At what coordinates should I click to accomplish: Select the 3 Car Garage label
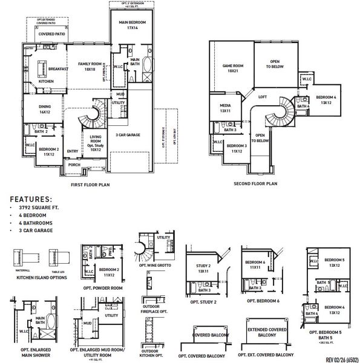click(128, 134)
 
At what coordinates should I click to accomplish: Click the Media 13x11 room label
click(225, 108)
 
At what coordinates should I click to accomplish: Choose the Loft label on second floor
click(263, 97)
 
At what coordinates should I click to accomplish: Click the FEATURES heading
click(31, 198)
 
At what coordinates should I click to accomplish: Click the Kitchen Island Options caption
click(42, 277)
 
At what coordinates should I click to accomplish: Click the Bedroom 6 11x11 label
click(255, 264)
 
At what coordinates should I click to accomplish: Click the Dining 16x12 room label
click(44, 110)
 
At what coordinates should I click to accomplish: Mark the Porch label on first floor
click(74, 165)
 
